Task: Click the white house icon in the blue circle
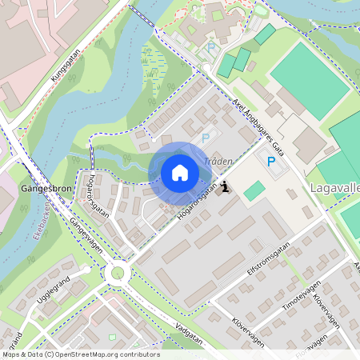[x=179, y=172]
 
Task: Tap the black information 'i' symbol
[x=226, y=187]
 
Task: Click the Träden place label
[x=218, y=161]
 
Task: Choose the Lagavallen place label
[x=334, y=190]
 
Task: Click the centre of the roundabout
[x=118, y=274]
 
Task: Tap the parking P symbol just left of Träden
[x=206, y=138]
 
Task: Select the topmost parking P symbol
[x=211, y=48]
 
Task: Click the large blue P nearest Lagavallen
[x=270, y=162]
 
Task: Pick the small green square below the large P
[x=254, y=191]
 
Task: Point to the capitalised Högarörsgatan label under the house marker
[x=193, y=205]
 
